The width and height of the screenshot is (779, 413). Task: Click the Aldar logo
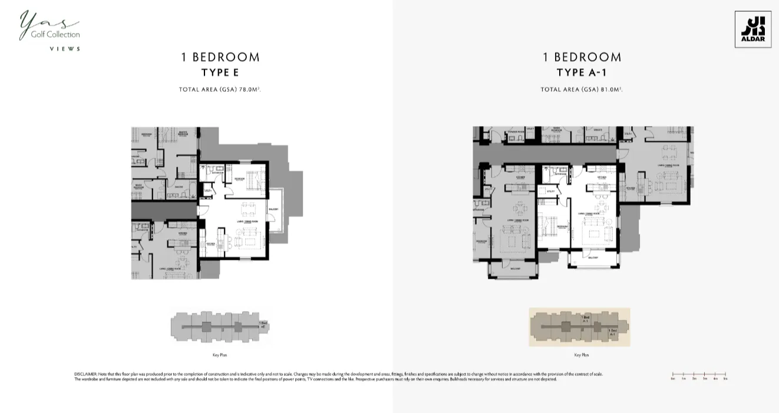pos(752,29)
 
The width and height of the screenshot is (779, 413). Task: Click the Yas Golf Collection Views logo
pos(49,31)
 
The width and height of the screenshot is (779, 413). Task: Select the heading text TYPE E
pos(220,72)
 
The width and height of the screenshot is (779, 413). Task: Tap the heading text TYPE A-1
pos(581,72)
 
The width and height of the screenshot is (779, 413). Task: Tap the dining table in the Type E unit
pos(248,209)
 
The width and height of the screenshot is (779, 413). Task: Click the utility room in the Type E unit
pos(208,191)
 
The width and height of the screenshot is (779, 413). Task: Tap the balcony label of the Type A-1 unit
pos(593,257)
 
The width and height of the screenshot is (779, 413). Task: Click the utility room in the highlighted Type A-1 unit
pos(551,191)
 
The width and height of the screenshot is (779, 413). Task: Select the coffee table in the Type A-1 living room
pos(593,234)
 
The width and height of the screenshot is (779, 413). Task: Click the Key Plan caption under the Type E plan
pos(220,355)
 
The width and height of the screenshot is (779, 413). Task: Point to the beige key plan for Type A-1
pos(579,327)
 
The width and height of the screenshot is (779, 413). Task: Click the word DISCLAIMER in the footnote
pos(85,374)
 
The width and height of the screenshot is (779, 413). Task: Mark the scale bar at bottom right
pos(699,375)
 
